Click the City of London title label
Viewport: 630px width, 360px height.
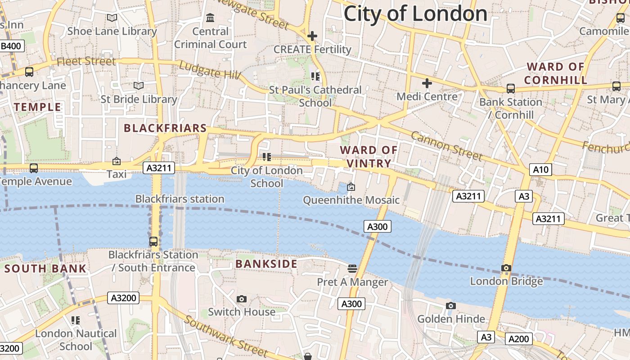tap(415, 13)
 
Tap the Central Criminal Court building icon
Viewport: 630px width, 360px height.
tap(210, 18)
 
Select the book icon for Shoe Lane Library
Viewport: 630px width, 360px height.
tap(112, 18)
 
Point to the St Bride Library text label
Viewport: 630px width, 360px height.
tap(139, 99)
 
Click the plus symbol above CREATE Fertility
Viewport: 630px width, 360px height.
tap(312, 36)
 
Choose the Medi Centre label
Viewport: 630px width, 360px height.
tap(427, 96)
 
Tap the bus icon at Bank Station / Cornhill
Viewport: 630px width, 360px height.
tap(510, 88)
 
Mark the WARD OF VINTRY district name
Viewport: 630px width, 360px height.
tap(369, 157)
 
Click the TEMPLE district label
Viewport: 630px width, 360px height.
tap(37, 107)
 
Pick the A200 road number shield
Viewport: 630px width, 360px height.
tap(519, 338)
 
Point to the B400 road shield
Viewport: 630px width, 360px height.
tap(12, 46)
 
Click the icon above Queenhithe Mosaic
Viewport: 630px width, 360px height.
tap(351, 186)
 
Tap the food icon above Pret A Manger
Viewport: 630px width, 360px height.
tap(352, 269)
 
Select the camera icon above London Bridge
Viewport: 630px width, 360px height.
tap(506, 268)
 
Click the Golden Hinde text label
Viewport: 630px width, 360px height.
tap(451, 319)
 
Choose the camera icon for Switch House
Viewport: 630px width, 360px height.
tap(242, 299)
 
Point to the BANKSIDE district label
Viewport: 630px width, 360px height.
tap(266, 264)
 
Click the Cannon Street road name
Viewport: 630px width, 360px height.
tap(446, 146)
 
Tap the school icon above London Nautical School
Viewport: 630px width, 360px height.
tap(76, 320)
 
